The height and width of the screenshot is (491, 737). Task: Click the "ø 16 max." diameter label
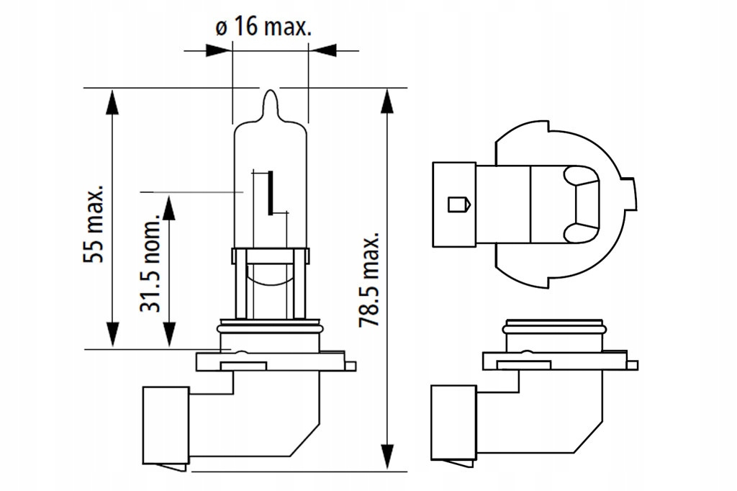coord(263,27)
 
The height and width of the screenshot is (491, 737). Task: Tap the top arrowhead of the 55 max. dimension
coord(112,100)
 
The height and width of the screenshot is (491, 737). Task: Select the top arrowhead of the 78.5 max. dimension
coord(389,100)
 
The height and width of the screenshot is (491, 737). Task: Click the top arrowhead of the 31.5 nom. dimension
coord(168,207)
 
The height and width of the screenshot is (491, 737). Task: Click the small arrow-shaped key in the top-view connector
coord(458,204)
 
